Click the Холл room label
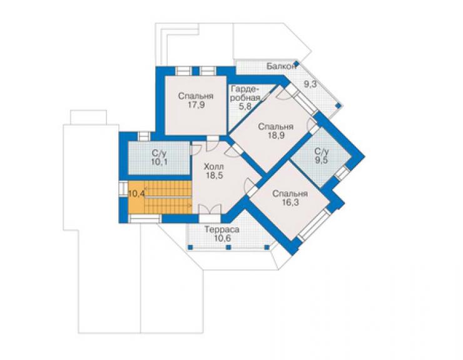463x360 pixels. pyautogui.click(x=214, y=167)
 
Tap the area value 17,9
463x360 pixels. pyautogui.click(x=196, y=105)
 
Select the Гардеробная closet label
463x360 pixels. pyautogui.click(x=246, y=93)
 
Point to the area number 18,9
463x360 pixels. pyautogui.click(x=276, y=135)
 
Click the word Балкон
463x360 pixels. pyautogui.click(x=281, y=66)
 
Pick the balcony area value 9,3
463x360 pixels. pyautogui.click(x=310, y=84)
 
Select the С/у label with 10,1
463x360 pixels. pyautogui.click(x=160, y=153)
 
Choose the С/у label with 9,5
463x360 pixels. pyautogui.click(x=322, y=152)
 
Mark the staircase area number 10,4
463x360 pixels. pyautogui.click(x=136, y=194)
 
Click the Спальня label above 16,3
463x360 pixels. pyautogui.click(x=290, y=193)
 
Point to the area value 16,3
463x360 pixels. pyautogui.click(x=290, y=202)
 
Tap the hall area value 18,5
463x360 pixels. pyautogui.click(x=215, y=175)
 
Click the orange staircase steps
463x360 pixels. pyautogui.click(x=168, y=197)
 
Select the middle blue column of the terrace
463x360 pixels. pyautogui.click(x=228, y=247)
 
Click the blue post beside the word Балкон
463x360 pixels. pyautogui.click(x=297, y=63)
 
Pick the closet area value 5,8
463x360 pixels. pyautogui.click(x=245, y=106)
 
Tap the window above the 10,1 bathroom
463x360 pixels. pyautogui.click(x=145, y=136)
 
